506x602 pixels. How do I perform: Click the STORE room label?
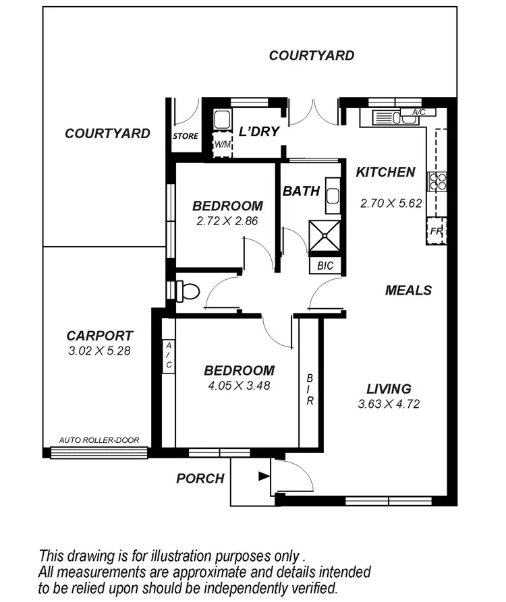pos(186,136)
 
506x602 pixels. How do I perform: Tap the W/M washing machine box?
pos(222,144)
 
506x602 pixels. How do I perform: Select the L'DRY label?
pos(260,131)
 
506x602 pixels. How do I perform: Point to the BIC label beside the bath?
pos(325,266)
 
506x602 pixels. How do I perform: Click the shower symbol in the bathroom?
pos(325,237)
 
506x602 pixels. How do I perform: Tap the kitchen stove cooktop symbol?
pos(437,181)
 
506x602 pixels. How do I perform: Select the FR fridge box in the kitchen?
pos(437,231)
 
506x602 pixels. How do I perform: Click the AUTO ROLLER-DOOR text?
pos(99,440)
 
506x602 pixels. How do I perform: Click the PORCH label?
pos(200,479)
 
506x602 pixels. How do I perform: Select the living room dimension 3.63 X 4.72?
pos(389,404)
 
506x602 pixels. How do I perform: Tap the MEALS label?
pos(408,291)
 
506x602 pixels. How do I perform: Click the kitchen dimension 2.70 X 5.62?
pos(391,202)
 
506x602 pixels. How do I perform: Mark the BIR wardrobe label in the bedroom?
pos(310,390)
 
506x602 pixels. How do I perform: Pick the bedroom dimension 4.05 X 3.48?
pos(239,386)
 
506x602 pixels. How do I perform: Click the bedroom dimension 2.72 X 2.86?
pos(227,220)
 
